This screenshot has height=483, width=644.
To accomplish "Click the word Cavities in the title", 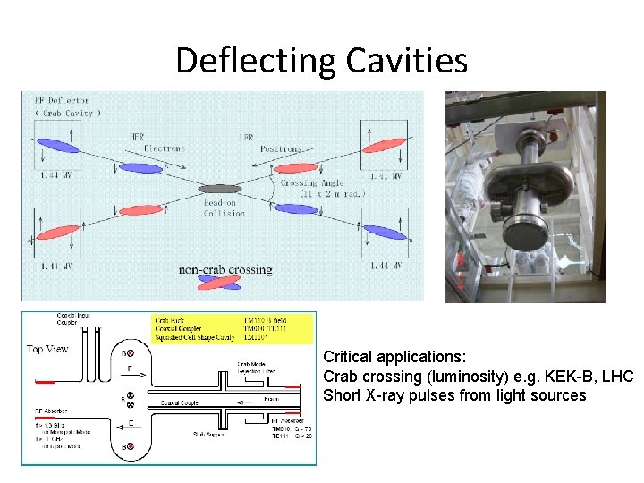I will click(416, 61).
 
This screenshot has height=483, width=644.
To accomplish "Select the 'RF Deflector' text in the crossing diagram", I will click(63, 102).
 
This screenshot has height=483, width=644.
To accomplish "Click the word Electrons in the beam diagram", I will click(164, 148).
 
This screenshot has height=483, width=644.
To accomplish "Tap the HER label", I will click(136, 138).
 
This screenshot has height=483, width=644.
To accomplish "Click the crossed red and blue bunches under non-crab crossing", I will click(222, 284).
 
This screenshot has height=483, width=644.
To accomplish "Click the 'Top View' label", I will click(47, 349).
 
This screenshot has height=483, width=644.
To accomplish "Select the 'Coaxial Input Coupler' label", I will click(72, 319).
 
